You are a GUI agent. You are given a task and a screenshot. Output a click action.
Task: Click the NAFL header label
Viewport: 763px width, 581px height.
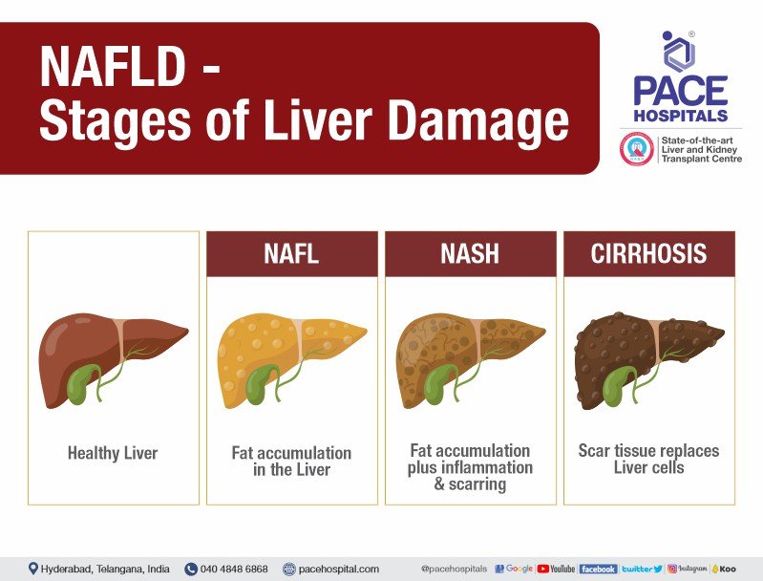coord(292,254)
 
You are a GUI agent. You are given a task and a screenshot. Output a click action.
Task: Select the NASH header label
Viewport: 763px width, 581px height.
coord(470,254)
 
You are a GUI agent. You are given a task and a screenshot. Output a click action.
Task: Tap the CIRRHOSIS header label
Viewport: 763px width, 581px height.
coord(648,254)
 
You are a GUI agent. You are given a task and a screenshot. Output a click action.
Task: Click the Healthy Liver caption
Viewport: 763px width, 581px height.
coord(113,453)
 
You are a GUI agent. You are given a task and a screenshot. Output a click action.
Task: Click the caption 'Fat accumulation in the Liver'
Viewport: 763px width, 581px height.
coord(292,462)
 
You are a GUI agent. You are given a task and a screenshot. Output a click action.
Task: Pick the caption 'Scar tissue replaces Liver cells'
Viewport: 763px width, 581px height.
coord(648,459)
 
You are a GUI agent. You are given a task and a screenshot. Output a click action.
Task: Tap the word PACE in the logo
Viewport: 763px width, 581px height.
coord(681,91)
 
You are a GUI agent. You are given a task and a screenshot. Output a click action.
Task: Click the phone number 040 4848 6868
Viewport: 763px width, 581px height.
coord(233,569)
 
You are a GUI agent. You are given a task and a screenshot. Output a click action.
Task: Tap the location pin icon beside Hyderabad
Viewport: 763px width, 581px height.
coord(33,569)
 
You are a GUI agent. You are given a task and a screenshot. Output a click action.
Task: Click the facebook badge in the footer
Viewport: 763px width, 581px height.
coord(598,569)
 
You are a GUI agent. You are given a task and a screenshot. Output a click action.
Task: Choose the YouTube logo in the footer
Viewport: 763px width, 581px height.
coord(556,569)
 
